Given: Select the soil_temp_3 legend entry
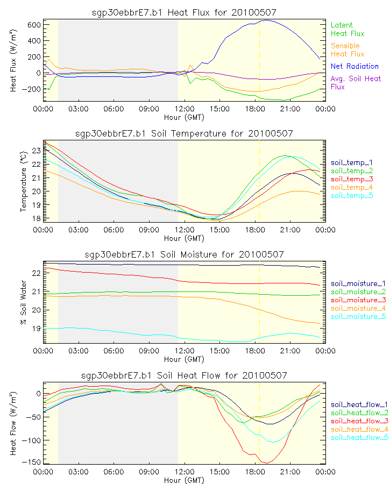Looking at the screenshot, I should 352,179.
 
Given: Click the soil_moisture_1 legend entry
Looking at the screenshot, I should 358,283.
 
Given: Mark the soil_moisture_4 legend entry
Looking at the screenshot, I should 358,308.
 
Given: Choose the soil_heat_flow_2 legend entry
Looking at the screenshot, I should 359,413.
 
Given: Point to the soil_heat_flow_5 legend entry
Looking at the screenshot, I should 359,438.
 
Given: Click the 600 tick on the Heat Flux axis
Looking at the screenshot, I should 32,25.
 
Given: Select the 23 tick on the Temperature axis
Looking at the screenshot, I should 36,151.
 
